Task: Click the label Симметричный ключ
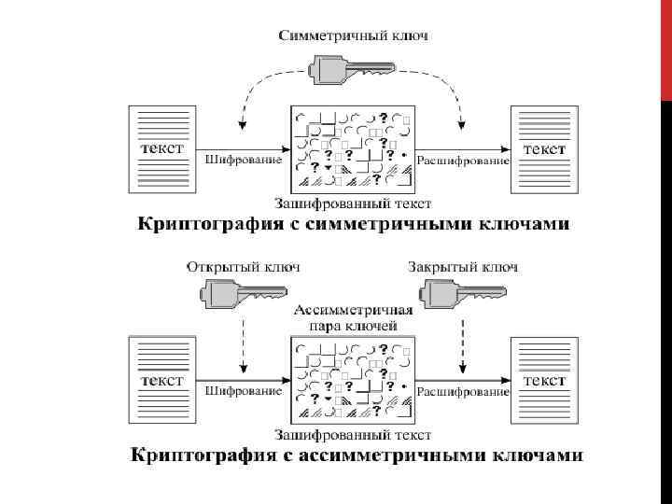tap(354, 35)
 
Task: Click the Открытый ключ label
tap(244, 267)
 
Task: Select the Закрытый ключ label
tap(463, 267)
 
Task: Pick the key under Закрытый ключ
tap(461, 295)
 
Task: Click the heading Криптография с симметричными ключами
tap(354, 224)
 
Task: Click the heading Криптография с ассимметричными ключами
tap(355, 455)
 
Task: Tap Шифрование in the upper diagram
tap(243, 160)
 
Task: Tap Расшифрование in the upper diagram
tap(463, 161)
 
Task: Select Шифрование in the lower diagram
tap(243, 391)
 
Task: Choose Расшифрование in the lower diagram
tap(463, 391)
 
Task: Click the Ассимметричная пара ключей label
tap(354, 317)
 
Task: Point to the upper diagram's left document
tap(162, 149)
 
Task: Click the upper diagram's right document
tap(543, 149)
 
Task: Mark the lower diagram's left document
tap(162, 381)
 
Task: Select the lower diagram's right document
tap(543, 381)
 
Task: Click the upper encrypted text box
tap(353, 149)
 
